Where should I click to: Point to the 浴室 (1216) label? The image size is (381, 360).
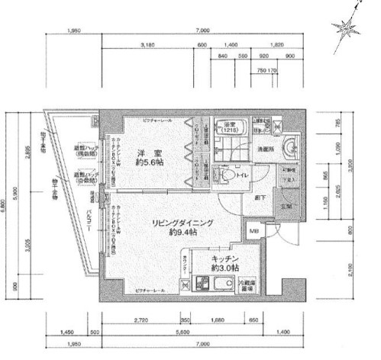(x=230, y=129)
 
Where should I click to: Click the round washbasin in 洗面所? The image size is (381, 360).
(x=292, y=148)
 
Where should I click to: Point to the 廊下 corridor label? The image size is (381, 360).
(x=260, y=197)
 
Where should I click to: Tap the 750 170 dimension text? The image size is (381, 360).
(x=268, y=71)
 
